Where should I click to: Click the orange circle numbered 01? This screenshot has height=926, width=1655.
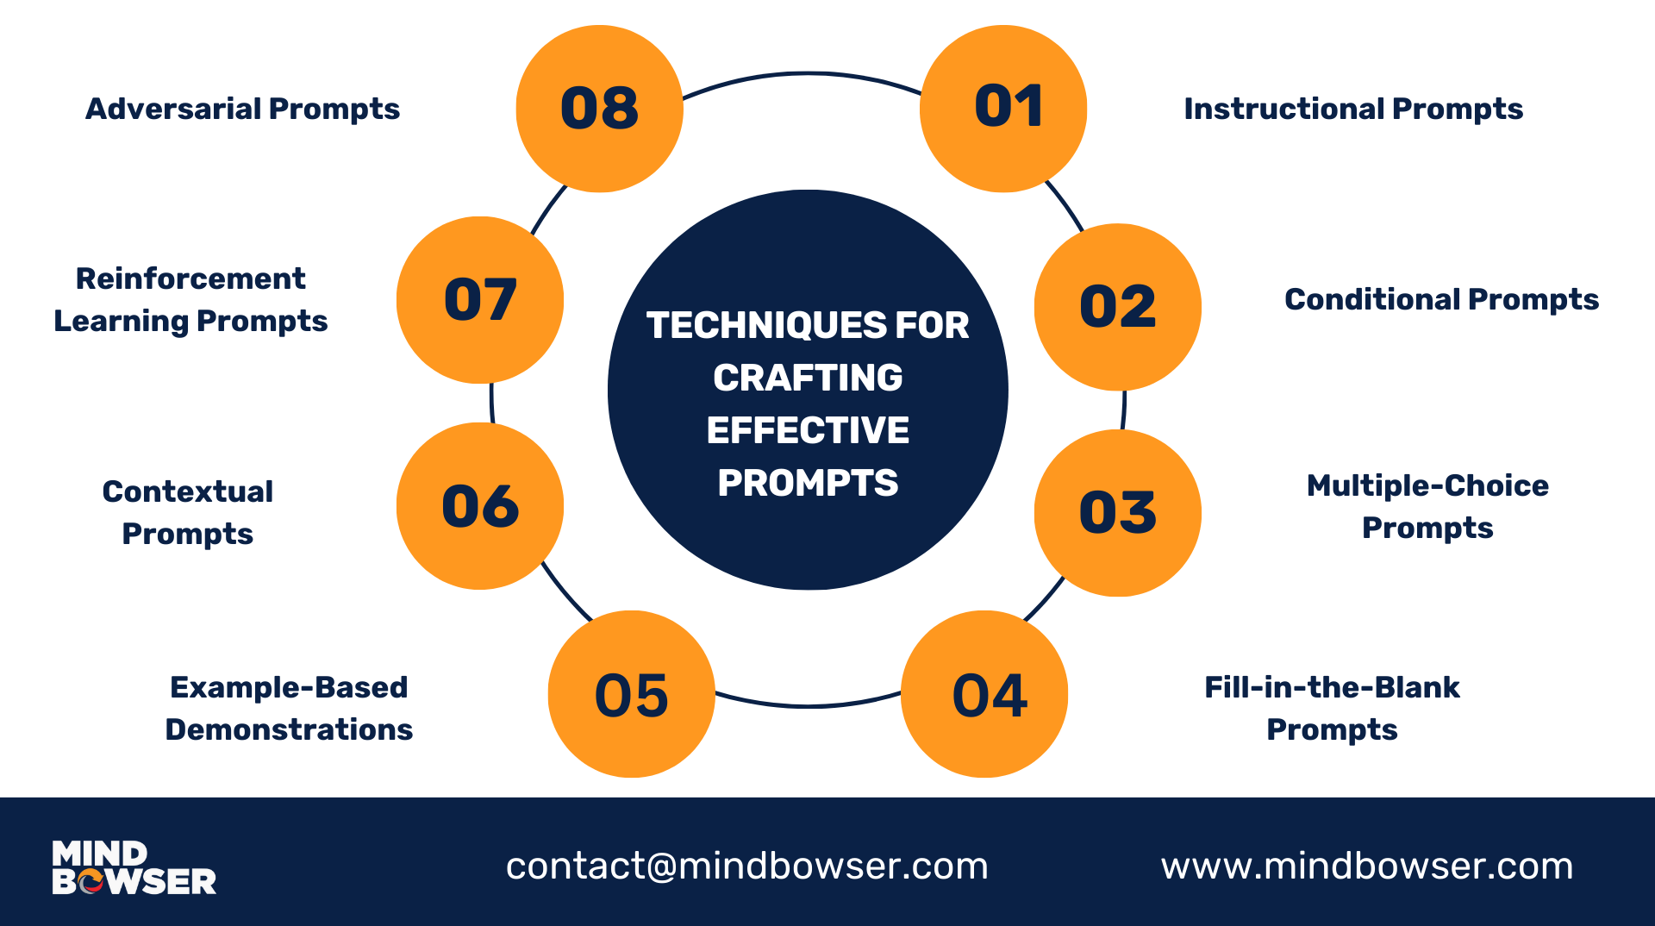1003,109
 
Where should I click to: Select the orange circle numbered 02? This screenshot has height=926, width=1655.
1118,307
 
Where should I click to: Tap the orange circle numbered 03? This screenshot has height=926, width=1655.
1118,513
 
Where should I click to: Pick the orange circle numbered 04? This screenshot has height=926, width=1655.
984,694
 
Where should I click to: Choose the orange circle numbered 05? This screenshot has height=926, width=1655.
632,694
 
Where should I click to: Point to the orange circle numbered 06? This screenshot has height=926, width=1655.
480,506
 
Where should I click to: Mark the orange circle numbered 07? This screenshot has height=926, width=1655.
480,300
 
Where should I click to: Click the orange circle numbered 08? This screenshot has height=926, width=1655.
600,109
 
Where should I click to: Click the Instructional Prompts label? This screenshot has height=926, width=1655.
1353,109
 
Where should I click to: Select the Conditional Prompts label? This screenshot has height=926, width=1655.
1441,300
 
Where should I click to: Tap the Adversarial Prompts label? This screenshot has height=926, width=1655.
243,109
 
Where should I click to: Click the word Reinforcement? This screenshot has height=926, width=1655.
190,278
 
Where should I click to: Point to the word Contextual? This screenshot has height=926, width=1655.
188,491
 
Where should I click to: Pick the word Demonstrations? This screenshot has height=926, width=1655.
289,729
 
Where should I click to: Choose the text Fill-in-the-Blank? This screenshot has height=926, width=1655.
1332,687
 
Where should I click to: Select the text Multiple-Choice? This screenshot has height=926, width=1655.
1427,485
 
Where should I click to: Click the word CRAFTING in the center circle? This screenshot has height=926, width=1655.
808,378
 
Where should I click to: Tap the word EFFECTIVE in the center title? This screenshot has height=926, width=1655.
808,430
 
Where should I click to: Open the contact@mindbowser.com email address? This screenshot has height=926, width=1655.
747,866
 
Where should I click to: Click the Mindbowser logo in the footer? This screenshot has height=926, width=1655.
134,867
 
